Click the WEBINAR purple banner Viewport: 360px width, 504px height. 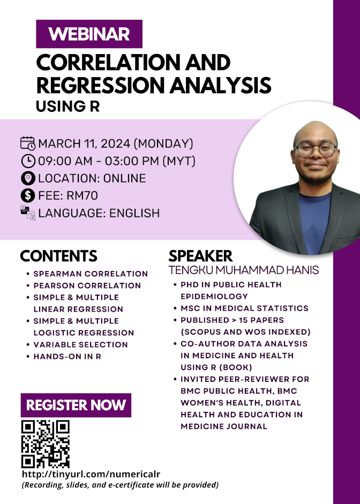click(89, 34)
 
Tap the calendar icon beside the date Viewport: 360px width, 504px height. click(28, 144)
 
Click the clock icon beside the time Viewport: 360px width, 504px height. click(28, 161)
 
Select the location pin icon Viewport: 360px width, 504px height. click(28, 178)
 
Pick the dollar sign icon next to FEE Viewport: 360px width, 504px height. click(28, 195)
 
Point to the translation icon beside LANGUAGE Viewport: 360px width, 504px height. click(28, 213)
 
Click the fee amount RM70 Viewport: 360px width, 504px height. click(82, 195)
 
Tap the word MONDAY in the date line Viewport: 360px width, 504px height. click(163, 144)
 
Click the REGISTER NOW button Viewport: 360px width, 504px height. click(76, 405)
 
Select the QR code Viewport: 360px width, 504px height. click(46, 444)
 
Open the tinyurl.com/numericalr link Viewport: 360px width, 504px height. click(91, 474)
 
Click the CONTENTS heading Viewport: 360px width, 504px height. click(58, 256)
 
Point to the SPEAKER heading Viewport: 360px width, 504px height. click(200, 256)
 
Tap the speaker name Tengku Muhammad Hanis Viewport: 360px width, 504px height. click(244, 270)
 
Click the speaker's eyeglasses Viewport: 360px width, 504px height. click(316, 149)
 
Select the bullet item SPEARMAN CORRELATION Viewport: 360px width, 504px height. click(91, 274)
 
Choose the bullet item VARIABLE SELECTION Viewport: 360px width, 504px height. click(81, 344)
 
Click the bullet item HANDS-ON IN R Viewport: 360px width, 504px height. click(67, 357)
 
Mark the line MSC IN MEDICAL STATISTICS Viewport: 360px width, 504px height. click(244, 309)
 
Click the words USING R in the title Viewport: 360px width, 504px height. click(68, 107)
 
